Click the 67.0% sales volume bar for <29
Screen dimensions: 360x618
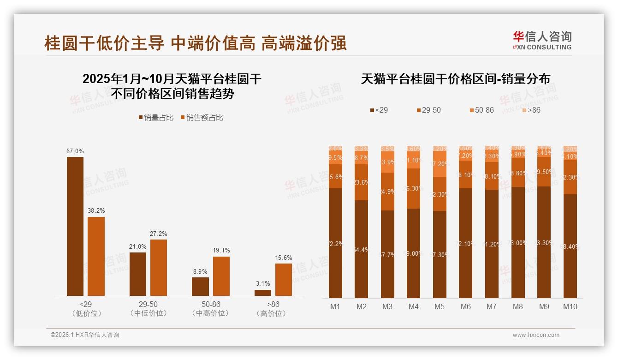(75, 226)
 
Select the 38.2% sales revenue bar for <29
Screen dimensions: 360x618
(96, 256)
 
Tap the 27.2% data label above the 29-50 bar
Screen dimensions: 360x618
(159, 234)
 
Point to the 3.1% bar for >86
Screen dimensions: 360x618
(263, 293)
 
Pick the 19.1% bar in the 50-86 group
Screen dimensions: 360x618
(221, 276)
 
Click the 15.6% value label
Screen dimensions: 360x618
(284, 258)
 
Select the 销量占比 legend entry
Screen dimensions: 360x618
(156, 118)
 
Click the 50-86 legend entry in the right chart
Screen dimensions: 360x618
(481, 110)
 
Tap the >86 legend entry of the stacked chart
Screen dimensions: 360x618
(531, 110)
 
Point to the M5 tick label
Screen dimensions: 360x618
(440, 306)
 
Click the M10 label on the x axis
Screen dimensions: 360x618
(570, 306)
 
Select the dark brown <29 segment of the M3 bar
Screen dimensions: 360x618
(387, 254)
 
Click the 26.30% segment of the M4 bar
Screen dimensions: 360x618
(414, 188)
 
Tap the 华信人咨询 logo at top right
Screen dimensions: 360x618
(542, 41)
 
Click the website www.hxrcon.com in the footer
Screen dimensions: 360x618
(536, 335)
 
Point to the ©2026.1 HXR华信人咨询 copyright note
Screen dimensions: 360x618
(85, 335)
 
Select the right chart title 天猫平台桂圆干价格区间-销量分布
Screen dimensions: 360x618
(455, 79)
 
